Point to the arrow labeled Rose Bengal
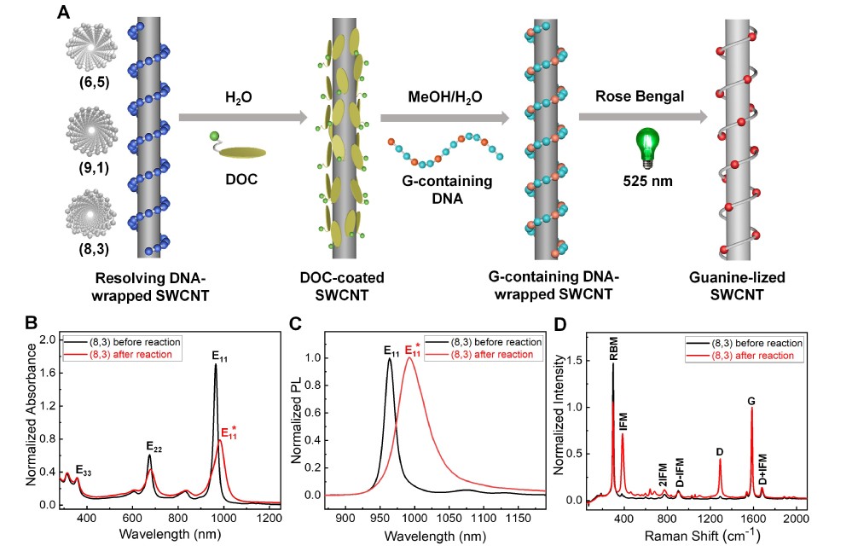(641, 115)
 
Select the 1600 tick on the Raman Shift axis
(752, 518)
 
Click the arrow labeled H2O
(242, 115)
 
